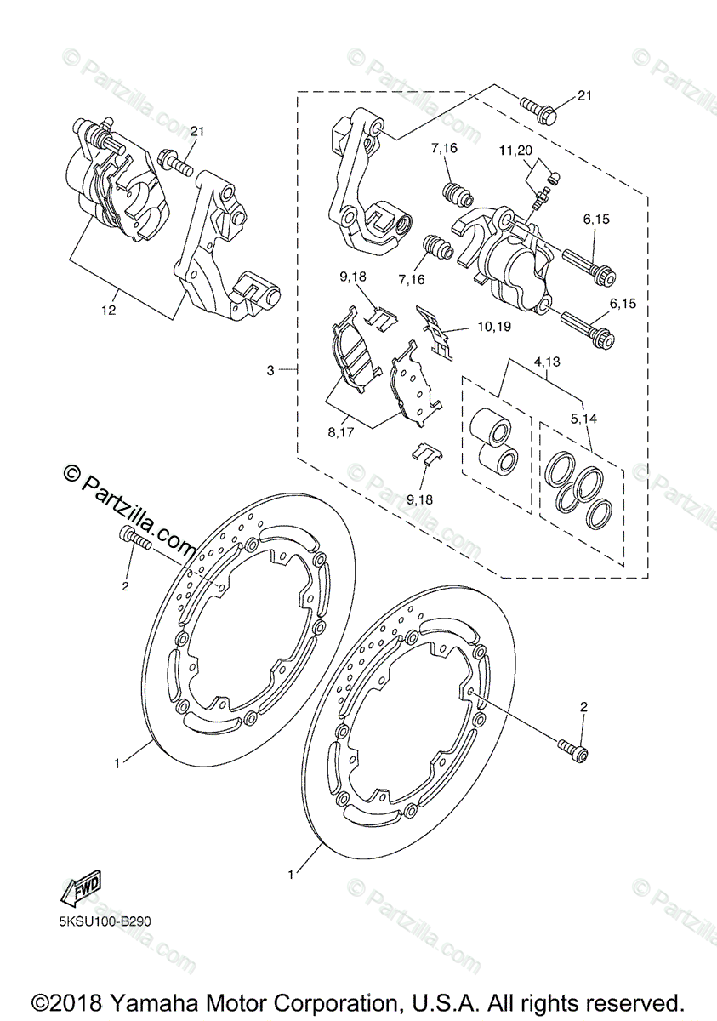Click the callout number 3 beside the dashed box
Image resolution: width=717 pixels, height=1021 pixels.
point(270,370)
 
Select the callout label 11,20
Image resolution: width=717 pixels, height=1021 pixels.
point(538,151)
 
